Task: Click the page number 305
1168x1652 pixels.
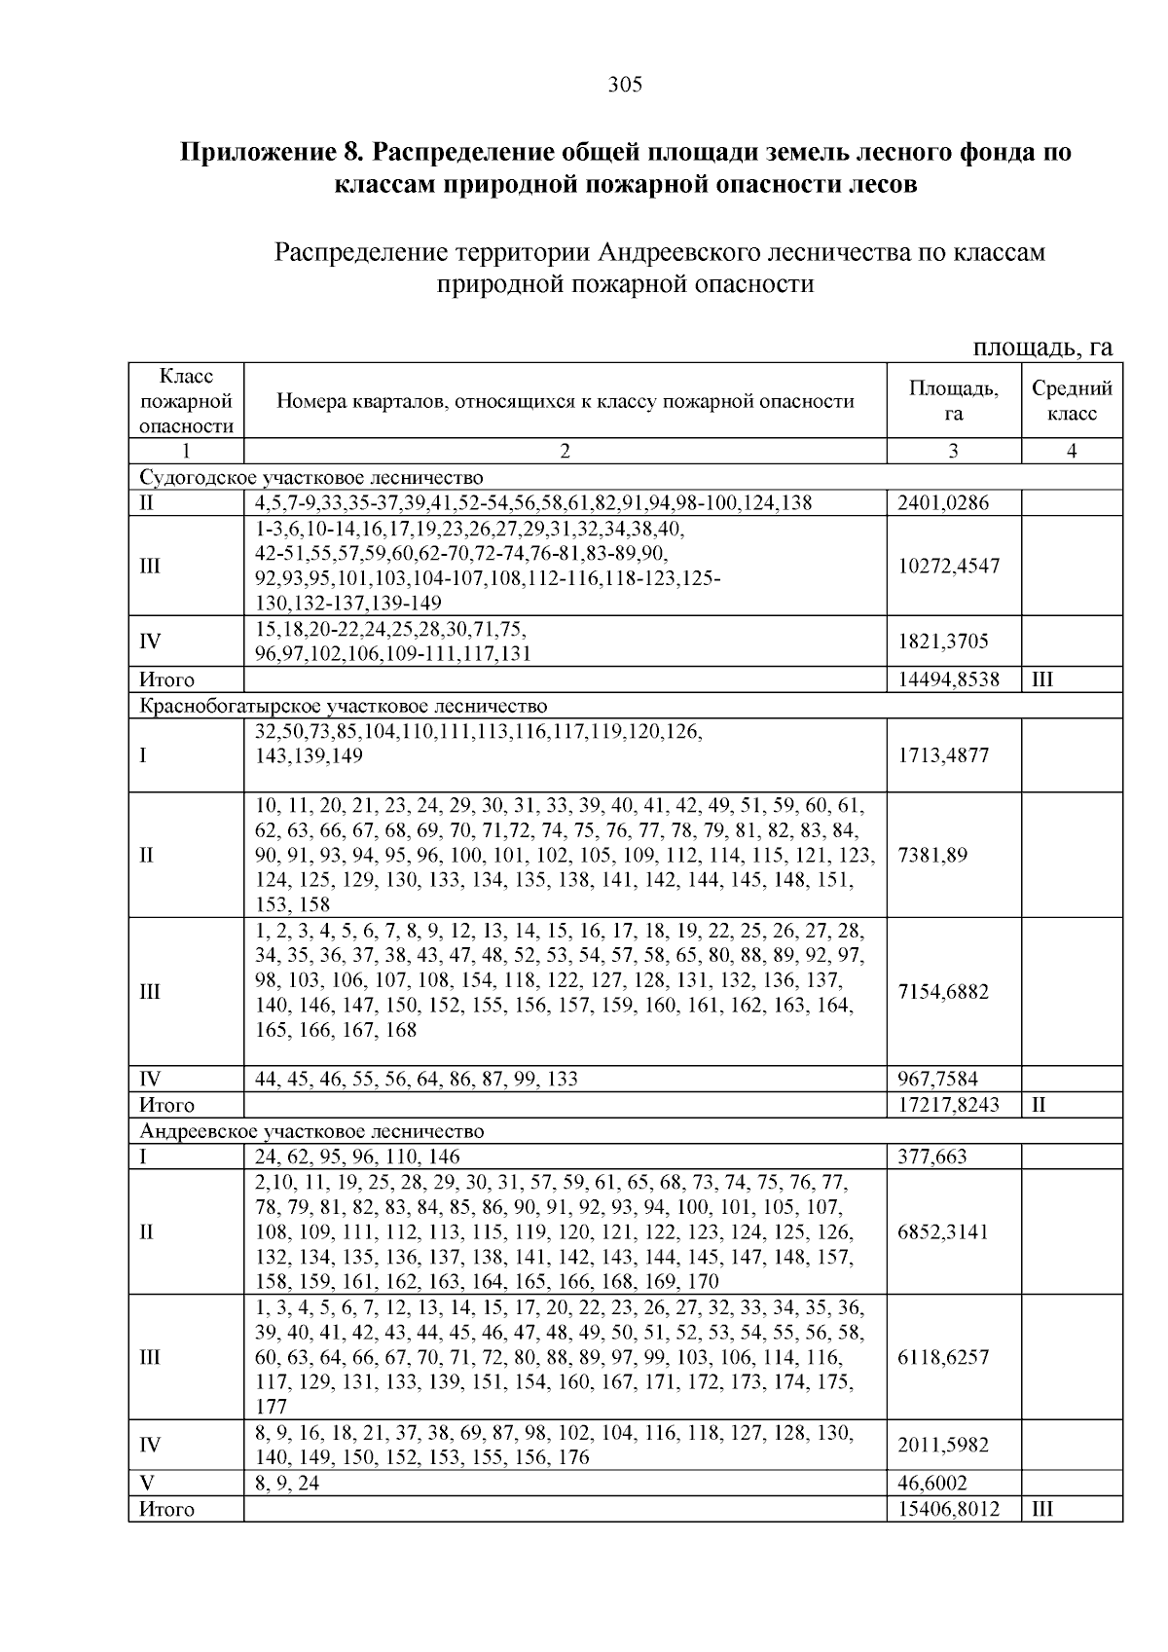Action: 625,85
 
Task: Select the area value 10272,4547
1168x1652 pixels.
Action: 948,567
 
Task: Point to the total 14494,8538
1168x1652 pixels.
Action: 948,679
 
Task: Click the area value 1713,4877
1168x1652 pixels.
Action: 942,755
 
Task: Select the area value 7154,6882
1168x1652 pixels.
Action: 942,992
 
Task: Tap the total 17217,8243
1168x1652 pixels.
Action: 948,1105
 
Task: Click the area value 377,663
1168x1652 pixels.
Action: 931,1156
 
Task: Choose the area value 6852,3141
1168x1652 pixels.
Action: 942,1231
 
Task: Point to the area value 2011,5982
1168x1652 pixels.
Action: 942,1445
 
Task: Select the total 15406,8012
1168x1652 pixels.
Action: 948,1510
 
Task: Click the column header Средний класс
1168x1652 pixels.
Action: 1072,401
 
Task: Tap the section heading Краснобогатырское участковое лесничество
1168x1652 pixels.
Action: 344,706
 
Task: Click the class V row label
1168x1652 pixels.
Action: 148,1484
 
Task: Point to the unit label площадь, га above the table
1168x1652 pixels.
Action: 1042,348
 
